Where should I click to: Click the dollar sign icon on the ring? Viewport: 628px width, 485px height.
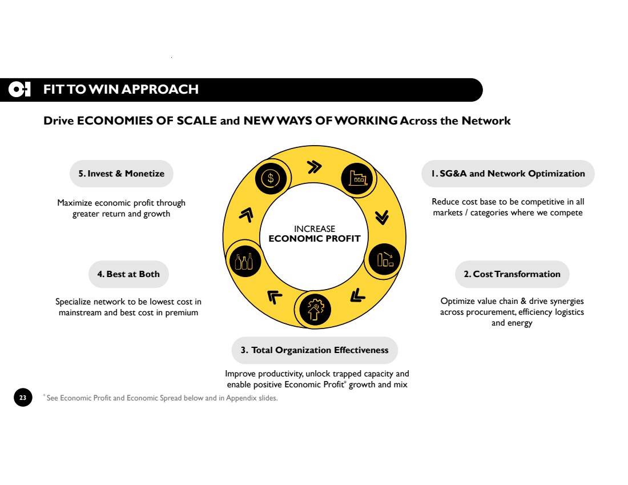[x=271, y=178]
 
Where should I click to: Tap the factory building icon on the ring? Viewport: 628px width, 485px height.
[x=357, y=179]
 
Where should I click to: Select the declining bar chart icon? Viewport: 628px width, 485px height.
[x=384, y=259]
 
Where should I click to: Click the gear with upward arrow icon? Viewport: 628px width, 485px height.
[x=315, y=310]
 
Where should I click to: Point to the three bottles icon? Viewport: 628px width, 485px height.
[x=244, y=261]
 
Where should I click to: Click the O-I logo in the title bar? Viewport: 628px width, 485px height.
[x=19, y=89]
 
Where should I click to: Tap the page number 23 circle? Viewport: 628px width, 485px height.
[x=23, y=397]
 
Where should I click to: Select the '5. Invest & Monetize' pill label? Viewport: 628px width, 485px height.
[x=122, y=174]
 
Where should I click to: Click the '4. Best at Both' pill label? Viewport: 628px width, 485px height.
[x=128, y=274]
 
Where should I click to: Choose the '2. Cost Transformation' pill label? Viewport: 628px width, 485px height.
[x=512, y=274]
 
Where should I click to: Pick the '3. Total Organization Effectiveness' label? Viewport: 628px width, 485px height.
[x=315, y=350]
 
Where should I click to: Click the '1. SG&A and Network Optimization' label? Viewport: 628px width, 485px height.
[x=508, y=174]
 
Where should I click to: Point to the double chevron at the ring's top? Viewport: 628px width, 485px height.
[x=315, y=167]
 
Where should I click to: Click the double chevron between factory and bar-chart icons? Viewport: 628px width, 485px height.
[x=382, y=217]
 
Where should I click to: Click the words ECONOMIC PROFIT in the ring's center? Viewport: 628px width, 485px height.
[x=315, y=239]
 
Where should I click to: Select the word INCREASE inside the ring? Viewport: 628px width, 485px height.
[x=315, y=229]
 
